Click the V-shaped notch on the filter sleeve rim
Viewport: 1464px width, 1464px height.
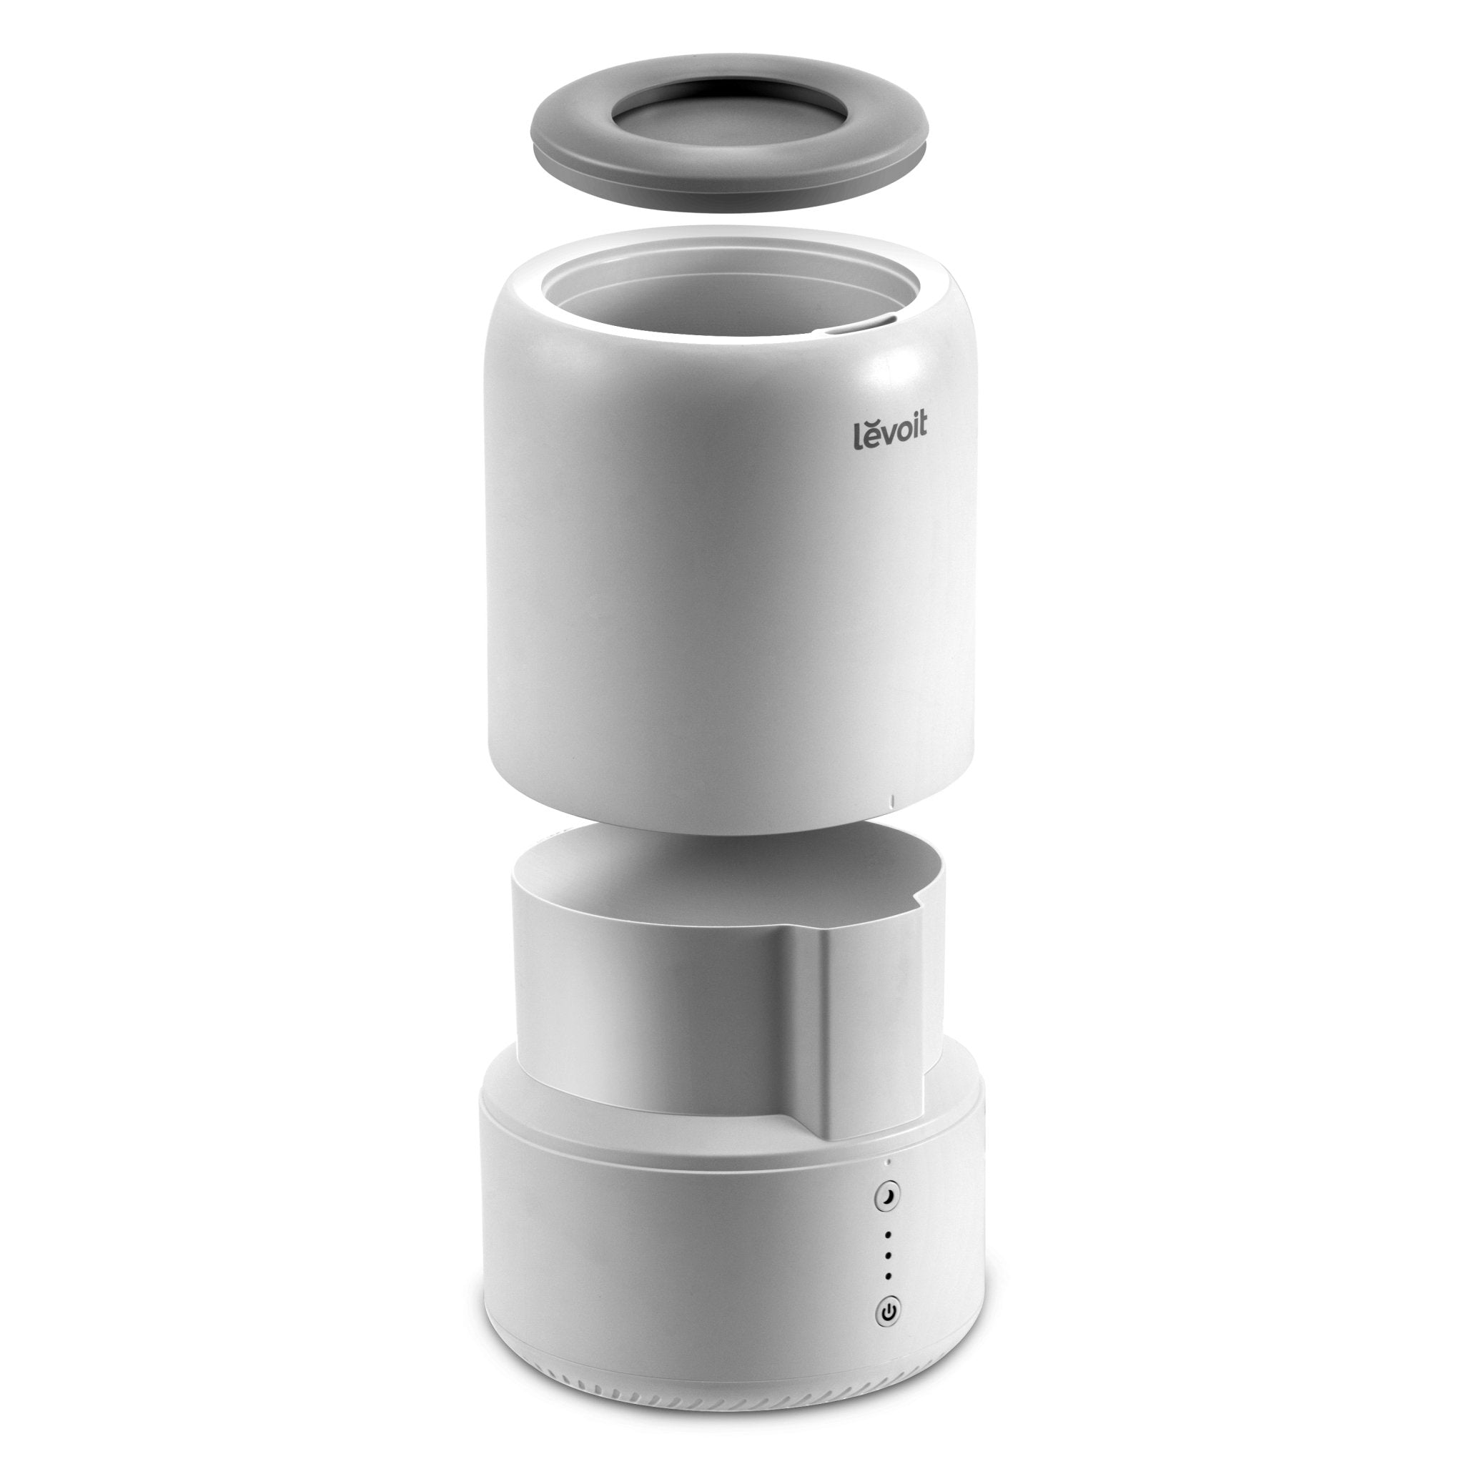click(x=919, y=899)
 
